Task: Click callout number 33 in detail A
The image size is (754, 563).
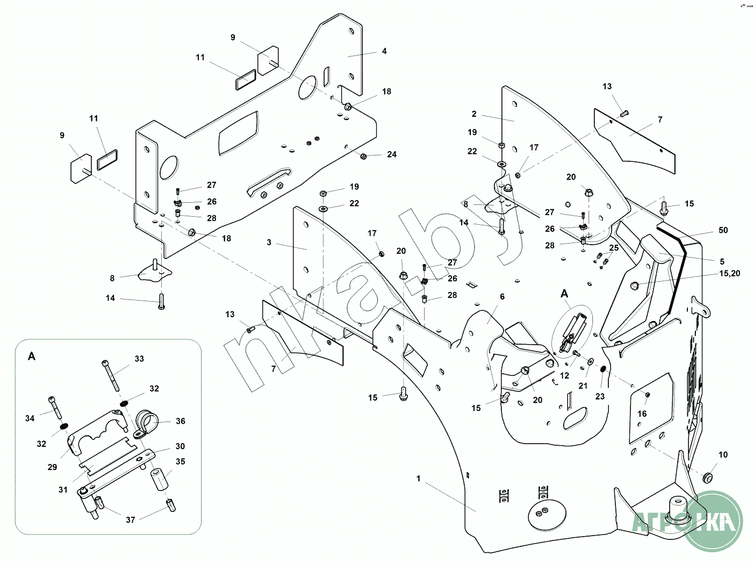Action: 139,359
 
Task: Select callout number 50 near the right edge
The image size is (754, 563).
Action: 723,230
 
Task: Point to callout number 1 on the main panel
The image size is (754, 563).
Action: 419,478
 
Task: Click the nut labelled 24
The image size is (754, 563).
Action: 363,156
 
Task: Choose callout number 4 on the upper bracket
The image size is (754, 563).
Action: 384,51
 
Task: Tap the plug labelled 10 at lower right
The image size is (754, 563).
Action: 708,478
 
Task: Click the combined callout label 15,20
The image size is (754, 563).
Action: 729,274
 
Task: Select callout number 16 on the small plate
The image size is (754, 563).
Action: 642,414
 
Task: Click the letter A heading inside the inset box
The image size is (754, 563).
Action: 32,357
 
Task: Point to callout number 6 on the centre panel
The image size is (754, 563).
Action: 502,296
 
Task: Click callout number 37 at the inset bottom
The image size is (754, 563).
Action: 131,519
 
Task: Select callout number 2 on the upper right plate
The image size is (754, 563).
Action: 474,114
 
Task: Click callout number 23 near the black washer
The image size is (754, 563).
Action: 600,396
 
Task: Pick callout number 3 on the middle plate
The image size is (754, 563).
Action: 269,243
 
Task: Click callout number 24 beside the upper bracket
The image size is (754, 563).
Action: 392,154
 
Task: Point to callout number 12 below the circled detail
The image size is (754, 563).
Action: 564,376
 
